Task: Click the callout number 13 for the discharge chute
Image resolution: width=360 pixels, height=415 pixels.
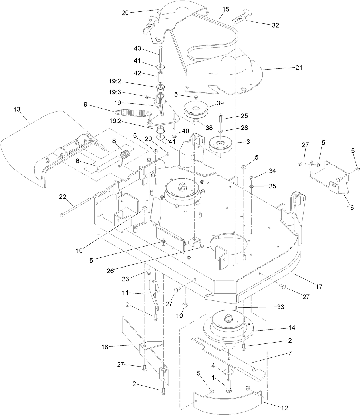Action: (17, 110)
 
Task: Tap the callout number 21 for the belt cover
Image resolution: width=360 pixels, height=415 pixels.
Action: (299, 68)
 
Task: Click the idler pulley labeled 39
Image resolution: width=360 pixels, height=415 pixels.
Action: (196, 110)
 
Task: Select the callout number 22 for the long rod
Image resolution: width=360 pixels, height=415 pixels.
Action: (62, 197)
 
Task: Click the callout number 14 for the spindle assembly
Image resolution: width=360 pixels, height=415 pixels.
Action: (292, 328)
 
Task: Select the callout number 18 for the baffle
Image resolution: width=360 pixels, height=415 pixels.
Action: (105, 347)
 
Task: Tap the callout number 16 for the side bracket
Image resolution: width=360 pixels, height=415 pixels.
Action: (350, 208)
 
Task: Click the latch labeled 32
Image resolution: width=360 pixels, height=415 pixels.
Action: (238, 20)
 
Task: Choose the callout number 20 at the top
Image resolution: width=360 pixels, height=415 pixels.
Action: (125, 12)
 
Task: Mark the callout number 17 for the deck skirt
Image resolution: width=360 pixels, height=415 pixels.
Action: (319, 286)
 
